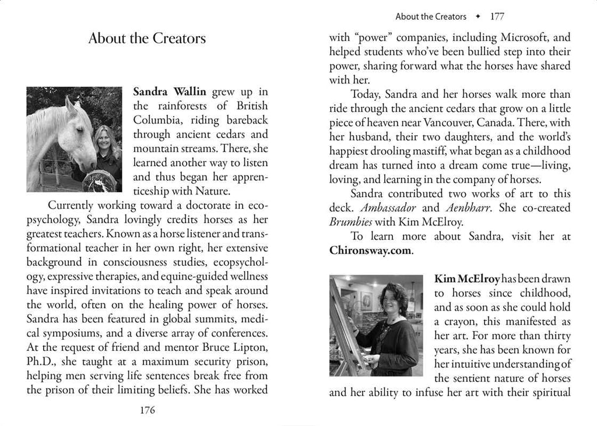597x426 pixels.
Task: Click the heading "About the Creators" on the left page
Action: (147, 39)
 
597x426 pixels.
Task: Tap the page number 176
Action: (148, 410)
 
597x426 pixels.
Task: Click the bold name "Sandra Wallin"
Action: (170, 91)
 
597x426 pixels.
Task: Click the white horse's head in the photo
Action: (70, 133)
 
